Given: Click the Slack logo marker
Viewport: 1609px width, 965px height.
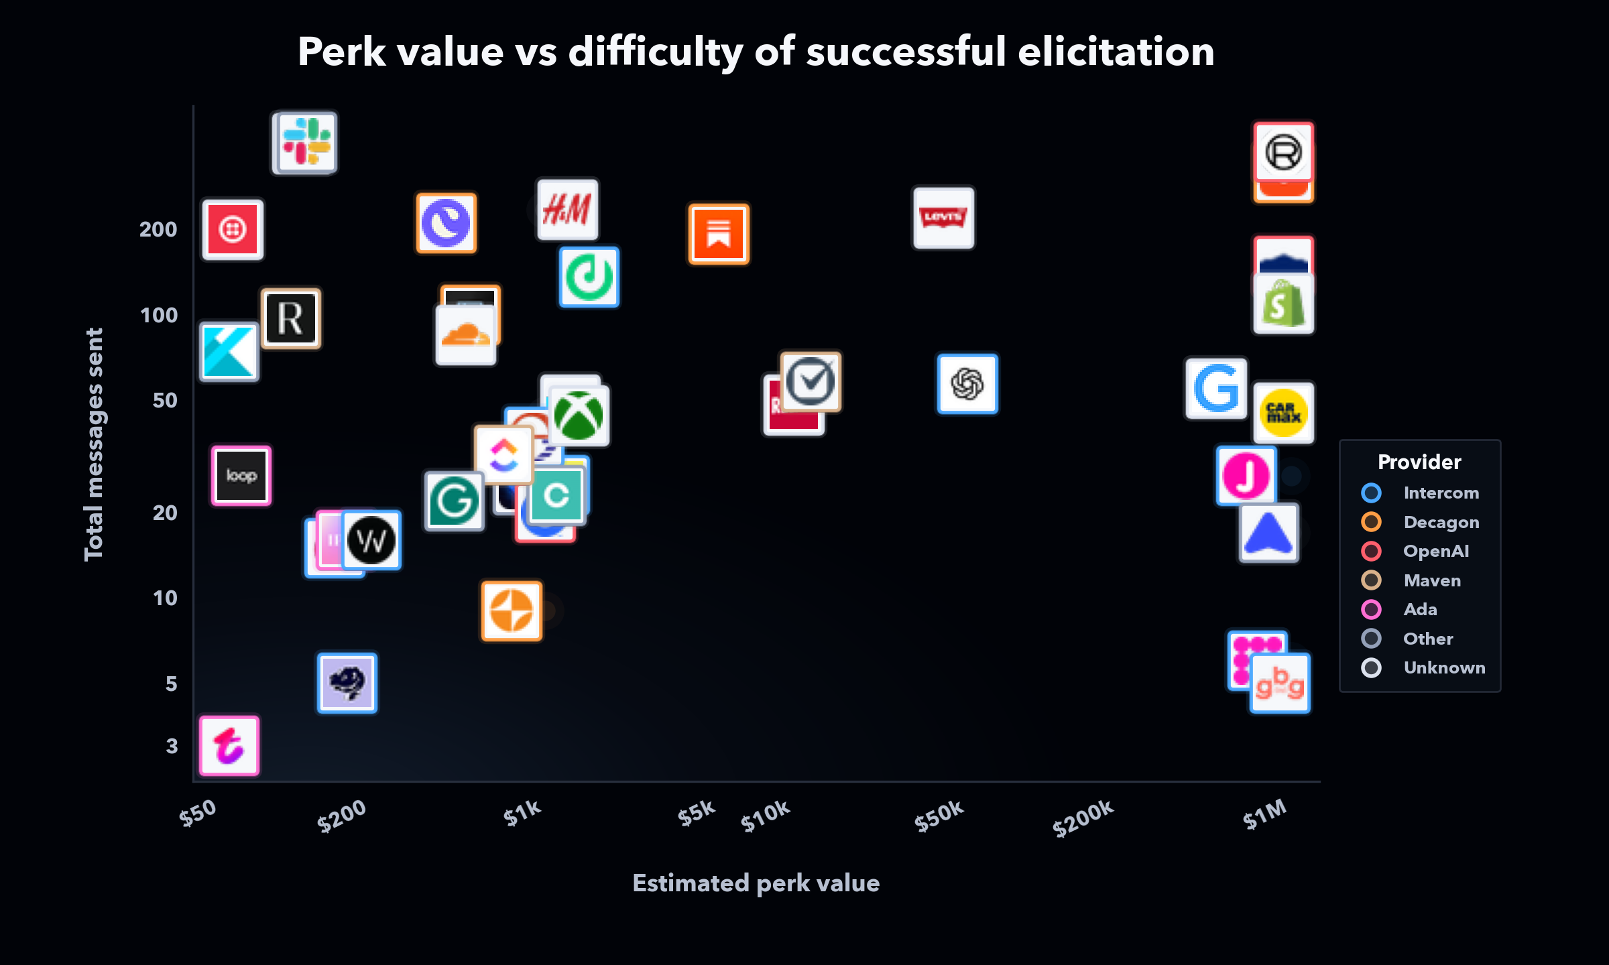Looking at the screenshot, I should tap(307, 142).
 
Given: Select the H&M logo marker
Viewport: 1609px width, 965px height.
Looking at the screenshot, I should tap(567, 209).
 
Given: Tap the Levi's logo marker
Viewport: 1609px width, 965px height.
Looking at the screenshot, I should tap(943, 218).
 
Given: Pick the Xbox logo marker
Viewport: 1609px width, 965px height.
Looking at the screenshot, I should tap(579, 416).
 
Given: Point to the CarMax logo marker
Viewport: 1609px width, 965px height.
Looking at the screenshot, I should tap(1283, 413).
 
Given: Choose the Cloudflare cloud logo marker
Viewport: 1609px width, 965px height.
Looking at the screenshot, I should tap(466, 335).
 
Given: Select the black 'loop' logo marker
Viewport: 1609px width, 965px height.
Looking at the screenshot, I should tap(241, 476).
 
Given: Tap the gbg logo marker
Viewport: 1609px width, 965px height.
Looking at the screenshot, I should tap(1280, 684).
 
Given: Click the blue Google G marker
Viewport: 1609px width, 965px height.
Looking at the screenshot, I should tap(1216, 388).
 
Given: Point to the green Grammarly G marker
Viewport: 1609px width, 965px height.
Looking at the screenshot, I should tap(454, 501).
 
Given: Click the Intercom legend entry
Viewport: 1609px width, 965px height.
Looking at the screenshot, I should tap(1441, 493).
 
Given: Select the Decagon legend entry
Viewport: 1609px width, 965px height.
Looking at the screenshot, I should tap(1441, 522).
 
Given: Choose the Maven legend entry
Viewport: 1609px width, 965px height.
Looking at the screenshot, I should tap(1432, 580).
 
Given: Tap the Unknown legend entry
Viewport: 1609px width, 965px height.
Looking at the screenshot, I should tap(1444, 667).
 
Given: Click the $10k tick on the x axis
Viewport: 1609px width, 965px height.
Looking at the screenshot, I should tap(766, 815).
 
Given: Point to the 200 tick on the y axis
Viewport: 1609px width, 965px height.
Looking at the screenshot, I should tap(158, 229).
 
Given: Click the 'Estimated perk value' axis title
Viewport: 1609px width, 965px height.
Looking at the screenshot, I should tap(756, 883).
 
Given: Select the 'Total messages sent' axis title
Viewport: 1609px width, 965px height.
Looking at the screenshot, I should tap(94, 444).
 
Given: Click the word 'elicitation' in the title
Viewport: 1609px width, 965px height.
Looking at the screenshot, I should tap(1116, 52).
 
